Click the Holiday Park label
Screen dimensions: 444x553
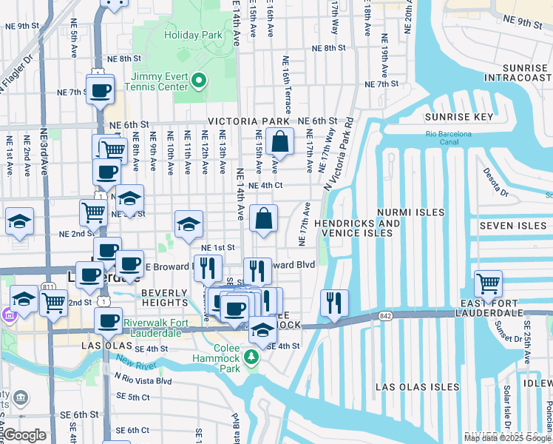193,35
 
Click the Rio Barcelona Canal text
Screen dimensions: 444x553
448,138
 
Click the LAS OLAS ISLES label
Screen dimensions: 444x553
417,387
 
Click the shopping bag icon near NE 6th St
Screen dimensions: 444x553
280,140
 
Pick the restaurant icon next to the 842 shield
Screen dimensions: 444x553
334,301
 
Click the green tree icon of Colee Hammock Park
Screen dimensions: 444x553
252,358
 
